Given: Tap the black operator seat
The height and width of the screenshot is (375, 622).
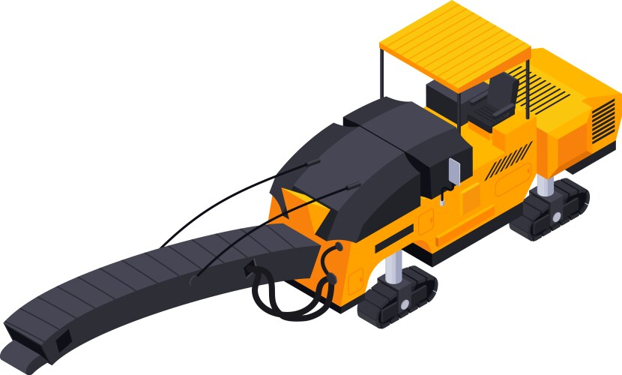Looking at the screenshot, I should pyautogui.click(x=498, y=101).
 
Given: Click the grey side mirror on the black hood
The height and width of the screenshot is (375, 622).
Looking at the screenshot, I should pyautogui.click(x=453, y=172).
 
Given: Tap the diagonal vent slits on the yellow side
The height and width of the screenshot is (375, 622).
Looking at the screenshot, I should pyautogui.click(x=510, y=161).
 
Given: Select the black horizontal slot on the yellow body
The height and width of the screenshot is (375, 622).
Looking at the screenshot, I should pyautogui.click(x=393, y=240).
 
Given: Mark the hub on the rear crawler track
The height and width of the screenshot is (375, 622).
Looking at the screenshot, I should pyautogui.click(x=556, y=215).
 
